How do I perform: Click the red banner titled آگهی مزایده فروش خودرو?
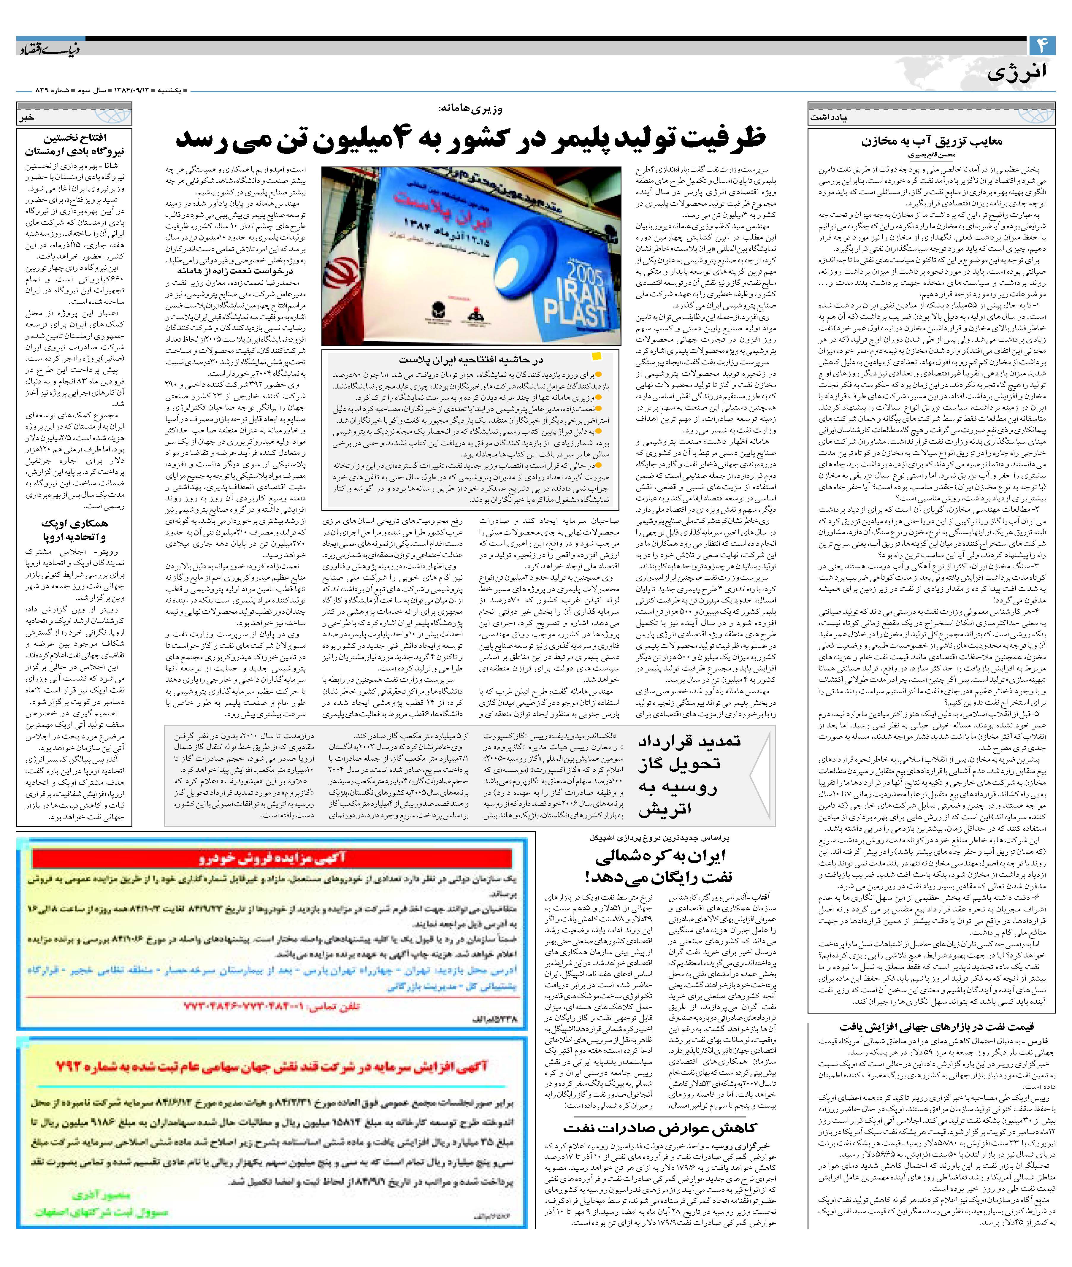(272, 857)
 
